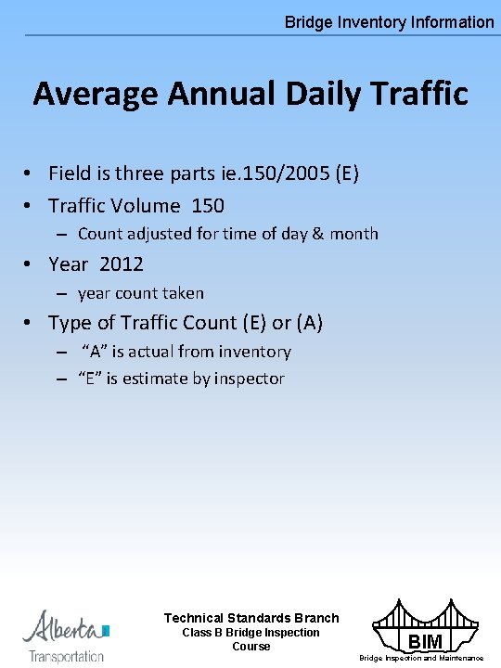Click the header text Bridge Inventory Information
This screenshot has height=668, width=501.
[x=389, y=21]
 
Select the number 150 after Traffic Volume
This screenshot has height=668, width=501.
[x=207, y=205]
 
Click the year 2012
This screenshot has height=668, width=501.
[x=122, y=264]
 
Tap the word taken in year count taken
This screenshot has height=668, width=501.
[x=183, y=293]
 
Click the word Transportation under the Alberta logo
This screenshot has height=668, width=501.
[x=67, y=656]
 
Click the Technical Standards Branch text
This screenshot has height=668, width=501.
[x=251, y=618]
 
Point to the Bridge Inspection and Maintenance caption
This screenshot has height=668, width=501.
[x=421, y=659]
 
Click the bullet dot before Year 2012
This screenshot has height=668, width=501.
[x=31, y=264]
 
